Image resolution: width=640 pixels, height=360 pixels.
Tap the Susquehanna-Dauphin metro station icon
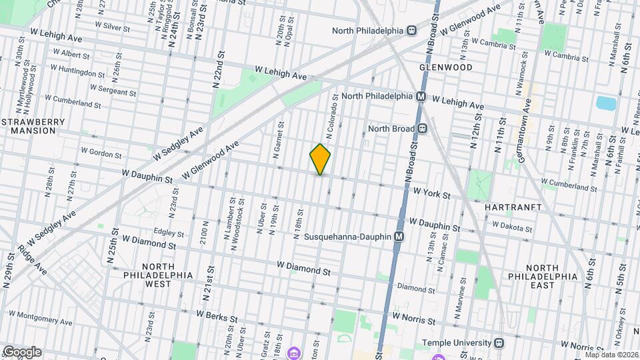[399, 237]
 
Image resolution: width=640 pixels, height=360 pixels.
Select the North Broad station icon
[422, 129]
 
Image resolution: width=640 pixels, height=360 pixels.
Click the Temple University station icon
[497, 343]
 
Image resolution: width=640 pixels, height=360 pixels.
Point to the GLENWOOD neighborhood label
[446, 67]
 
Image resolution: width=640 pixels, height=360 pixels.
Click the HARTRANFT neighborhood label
[513, 207]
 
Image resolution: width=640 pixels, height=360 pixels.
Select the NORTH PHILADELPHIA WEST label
[158, 275]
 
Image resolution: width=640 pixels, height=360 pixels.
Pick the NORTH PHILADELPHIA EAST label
[542, 276]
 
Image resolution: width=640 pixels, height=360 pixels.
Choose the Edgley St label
[168, 233]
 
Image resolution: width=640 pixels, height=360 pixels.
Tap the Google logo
[22, 352]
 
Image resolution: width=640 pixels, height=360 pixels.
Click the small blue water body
[606, 103]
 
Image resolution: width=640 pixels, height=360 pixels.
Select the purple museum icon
[292, 353]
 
